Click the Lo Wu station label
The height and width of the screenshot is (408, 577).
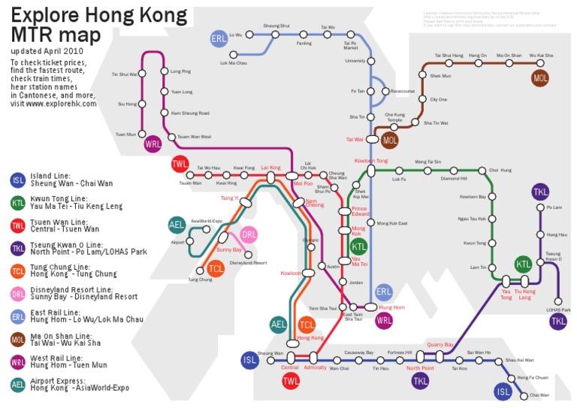click(x=236, y=35)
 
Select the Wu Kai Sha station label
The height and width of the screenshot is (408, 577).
click(x=540, y=56)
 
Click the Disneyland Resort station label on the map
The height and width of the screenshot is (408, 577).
click(x=248, y=263)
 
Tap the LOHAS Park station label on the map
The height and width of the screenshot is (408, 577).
click(x=558, y=310)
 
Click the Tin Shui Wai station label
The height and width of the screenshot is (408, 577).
click(x=124, y=74)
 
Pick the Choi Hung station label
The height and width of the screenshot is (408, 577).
click(x=500, y=171)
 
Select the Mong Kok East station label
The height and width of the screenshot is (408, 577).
click(x=392, y=223)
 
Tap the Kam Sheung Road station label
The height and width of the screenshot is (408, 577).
click(x=190, y=113)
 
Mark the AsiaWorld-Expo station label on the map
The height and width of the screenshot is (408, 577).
click(x=207, y=222)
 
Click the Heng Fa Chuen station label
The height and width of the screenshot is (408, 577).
click(x=533, y=377)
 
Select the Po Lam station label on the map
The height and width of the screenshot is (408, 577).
click(x=554, y=207)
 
